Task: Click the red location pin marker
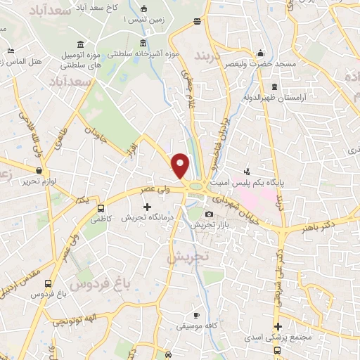[x=181, y=166]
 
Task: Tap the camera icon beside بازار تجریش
[x=209, y=214]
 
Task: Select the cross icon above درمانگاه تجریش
[x=147, y=207]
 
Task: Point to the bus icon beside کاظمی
[x=101, y=209]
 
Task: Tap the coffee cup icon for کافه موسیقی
[x=197, y=314]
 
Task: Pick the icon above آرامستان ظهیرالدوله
[x=274, y=87]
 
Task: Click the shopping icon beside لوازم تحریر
[x=39, y=169]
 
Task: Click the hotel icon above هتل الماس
[x=10, y=51]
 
